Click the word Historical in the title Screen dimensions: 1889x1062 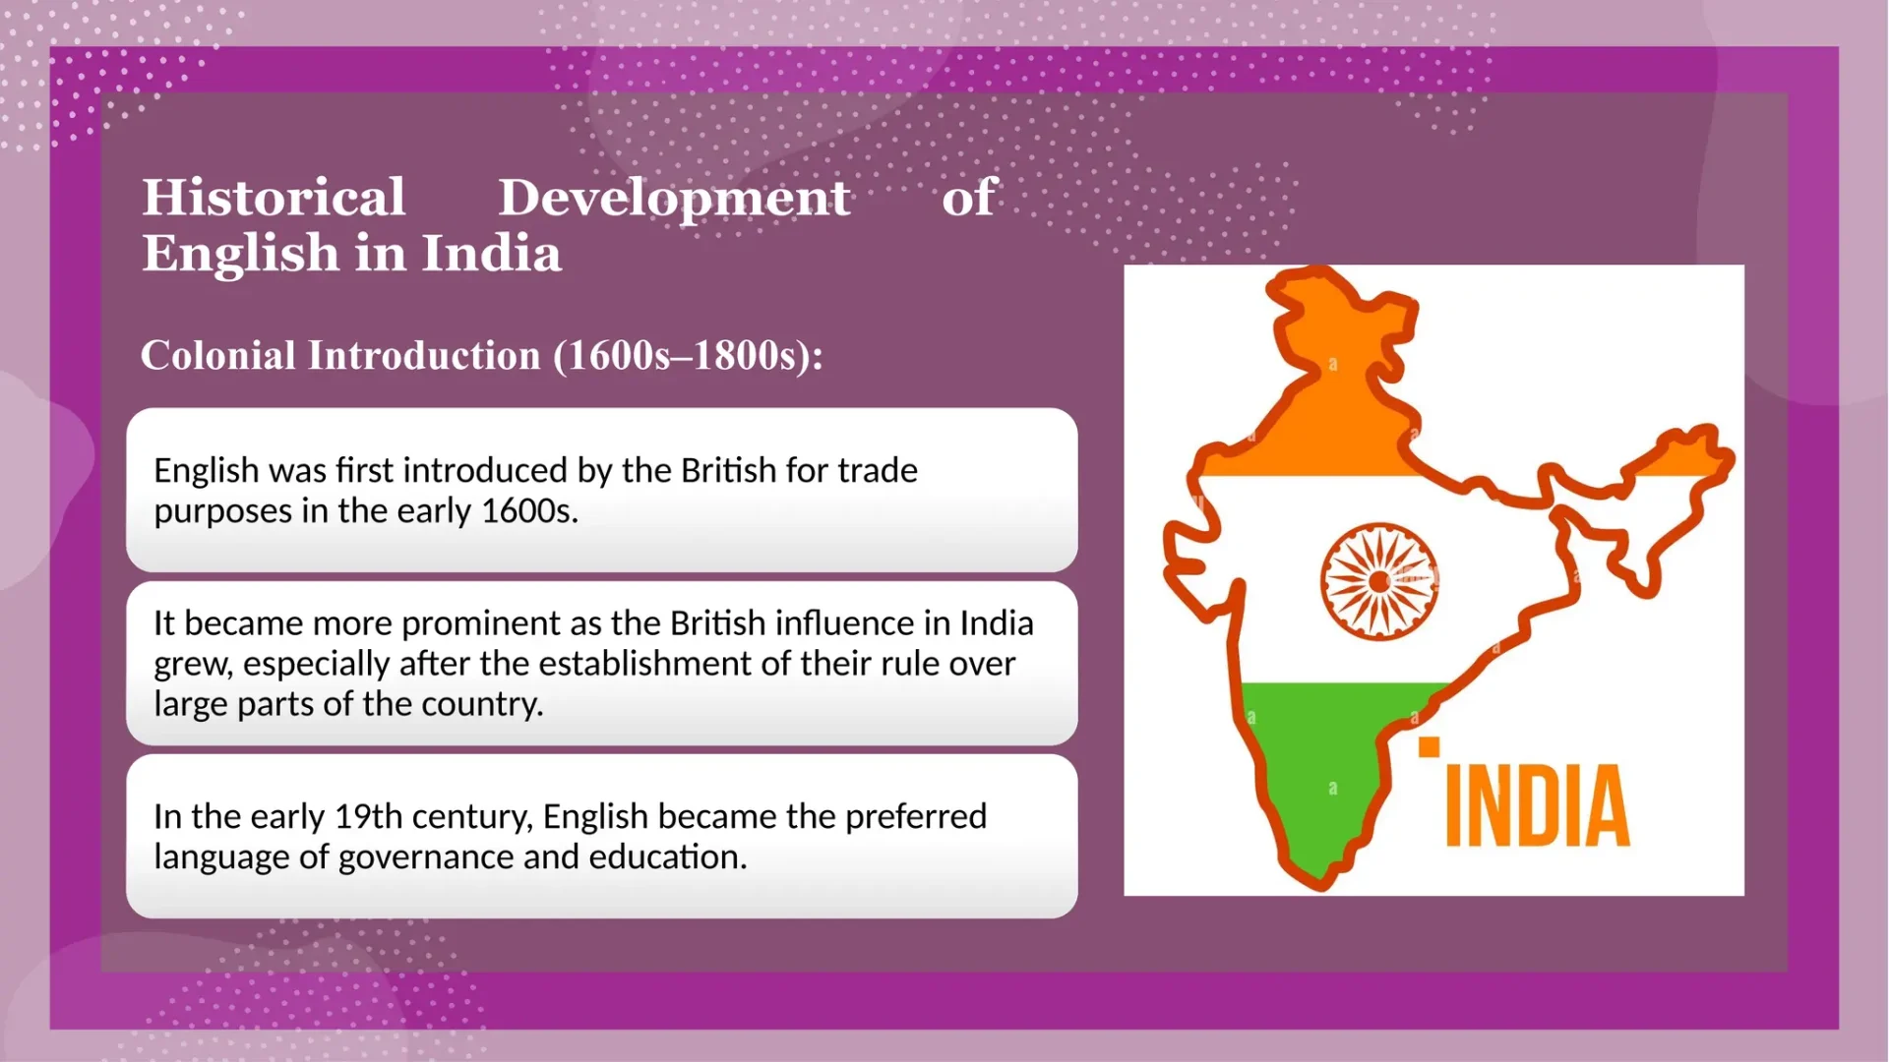pyautogui.click(x=274, y=197)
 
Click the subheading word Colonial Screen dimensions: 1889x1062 pyautogui.click(x=217, y=355)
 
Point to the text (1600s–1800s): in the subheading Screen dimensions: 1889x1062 pyautogui.click(x=688, y=356)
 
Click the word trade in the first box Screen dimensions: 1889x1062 pyautogui.click(x=877, y=470)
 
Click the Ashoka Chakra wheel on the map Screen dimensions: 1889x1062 pyautogui.click(x=1379, y=581)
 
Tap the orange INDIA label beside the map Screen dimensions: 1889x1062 pyautogui.click(x=1537, y=805)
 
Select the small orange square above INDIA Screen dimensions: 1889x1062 pyautogui.click(x=1429, y=747)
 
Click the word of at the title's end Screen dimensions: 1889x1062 pyautogui.click(x=969, y=197)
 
